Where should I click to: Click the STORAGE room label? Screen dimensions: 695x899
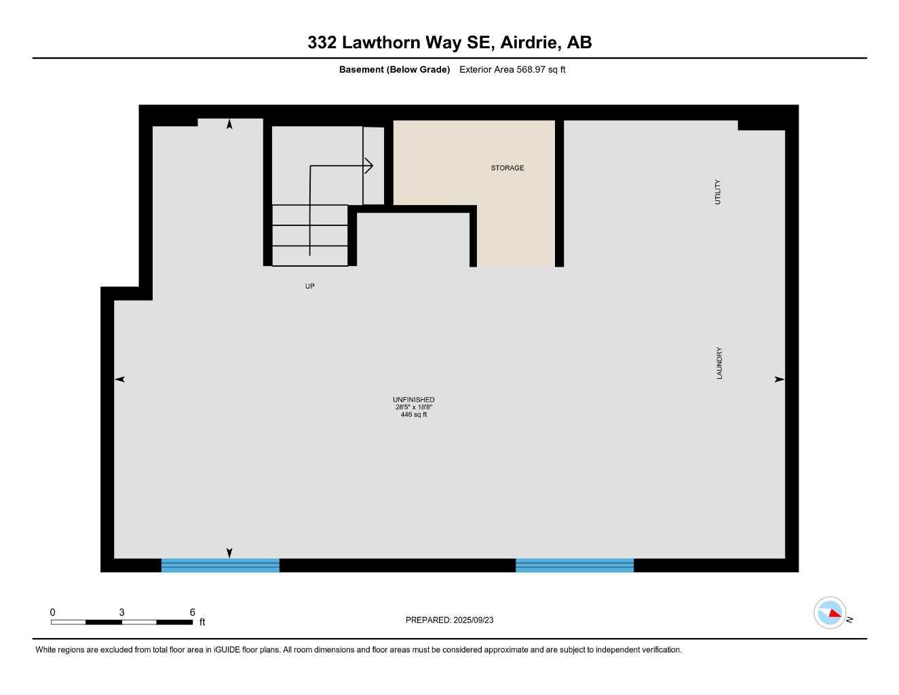point(507,168)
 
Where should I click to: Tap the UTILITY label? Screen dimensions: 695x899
point(718,192)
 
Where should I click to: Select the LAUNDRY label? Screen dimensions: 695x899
point(719,363)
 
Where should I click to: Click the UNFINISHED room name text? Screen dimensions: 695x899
point(413,400)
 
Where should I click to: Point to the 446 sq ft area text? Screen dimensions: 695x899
point(413,415)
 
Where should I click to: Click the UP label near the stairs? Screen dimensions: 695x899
point(309,286)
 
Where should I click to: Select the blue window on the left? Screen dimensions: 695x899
point(220,565)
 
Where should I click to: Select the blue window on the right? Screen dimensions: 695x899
point(574,565)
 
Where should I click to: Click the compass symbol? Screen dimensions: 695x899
point(830,613)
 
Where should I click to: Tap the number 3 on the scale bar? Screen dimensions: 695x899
point(121,612)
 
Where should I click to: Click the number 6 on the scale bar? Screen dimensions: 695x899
point(192,612)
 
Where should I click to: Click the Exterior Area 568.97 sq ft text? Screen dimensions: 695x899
point(512,69)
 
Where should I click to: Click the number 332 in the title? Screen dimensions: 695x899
point(322,42)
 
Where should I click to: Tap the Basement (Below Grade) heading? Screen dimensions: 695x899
point(394,69)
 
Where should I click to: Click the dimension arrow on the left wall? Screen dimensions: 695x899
point(120,379)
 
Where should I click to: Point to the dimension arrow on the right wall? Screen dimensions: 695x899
point(780,379)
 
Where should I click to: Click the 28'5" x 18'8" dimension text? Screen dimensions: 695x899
point(413,407)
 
